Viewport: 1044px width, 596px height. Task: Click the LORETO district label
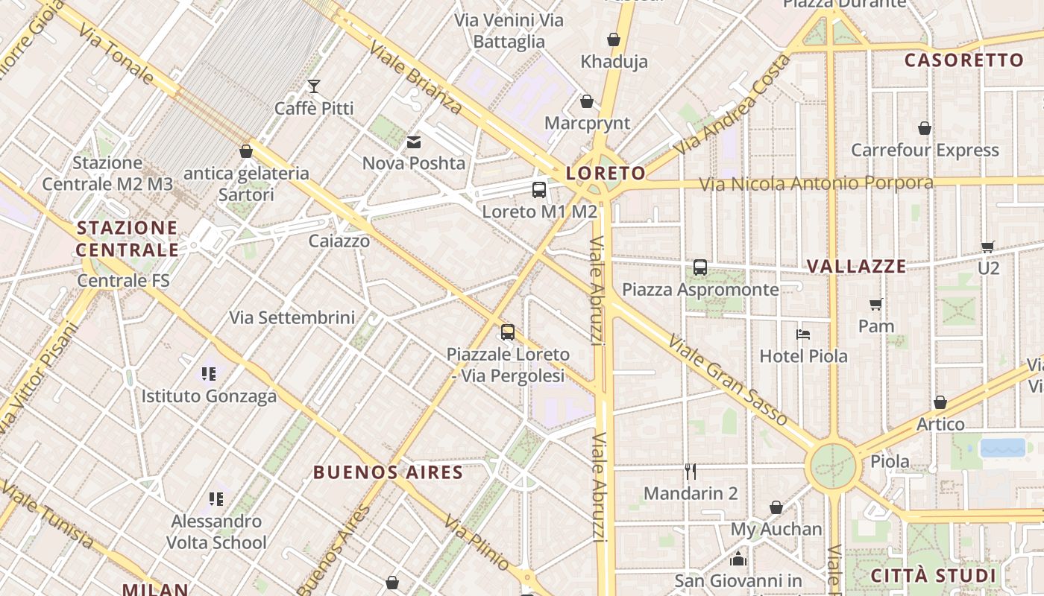pos(606,174)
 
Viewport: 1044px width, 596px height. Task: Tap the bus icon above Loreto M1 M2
pos(539,190)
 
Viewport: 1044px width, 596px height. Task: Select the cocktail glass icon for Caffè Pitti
pos(314,86)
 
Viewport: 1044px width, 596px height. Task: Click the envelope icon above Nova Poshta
pos(413,142)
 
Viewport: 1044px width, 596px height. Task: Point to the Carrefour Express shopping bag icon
pos(925,128)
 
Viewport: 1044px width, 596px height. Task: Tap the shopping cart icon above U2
pos(988,247)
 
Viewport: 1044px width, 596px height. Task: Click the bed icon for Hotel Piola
pos(803,335)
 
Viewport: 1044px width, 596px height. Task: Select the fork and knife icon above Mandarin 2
pos(691,471)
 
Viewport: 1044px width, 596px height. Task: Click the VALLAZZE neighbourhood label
pos(857,266)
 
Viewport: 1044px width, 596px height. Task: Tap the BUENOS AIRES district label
pos(388,472)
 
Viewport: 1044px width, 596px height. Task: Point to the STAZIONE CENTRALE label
pos(128,238)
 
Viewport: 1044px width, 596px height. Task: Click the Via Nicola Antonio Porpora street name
pos(816,183)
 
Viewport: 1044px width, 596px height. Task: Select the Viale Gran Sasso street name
pos(728,380)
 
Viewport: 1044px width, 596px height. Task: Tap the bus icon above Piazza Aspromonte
pos(700,267)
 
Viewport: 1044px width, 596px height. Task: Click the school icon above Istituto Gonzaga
pos(209,373)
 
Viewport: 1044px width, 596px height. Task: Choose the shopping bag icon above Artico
pos(940,402)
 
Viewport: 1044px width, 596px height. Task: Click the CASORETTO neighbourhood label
pos(963,60)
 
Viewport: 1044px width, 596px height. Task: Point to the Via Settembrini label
pos(292,317)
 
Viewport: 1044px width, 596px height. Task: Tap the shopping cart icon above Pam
pos(876,304)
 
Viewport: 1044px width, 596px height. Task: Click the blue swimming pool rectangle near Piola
pos(1002,448)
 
